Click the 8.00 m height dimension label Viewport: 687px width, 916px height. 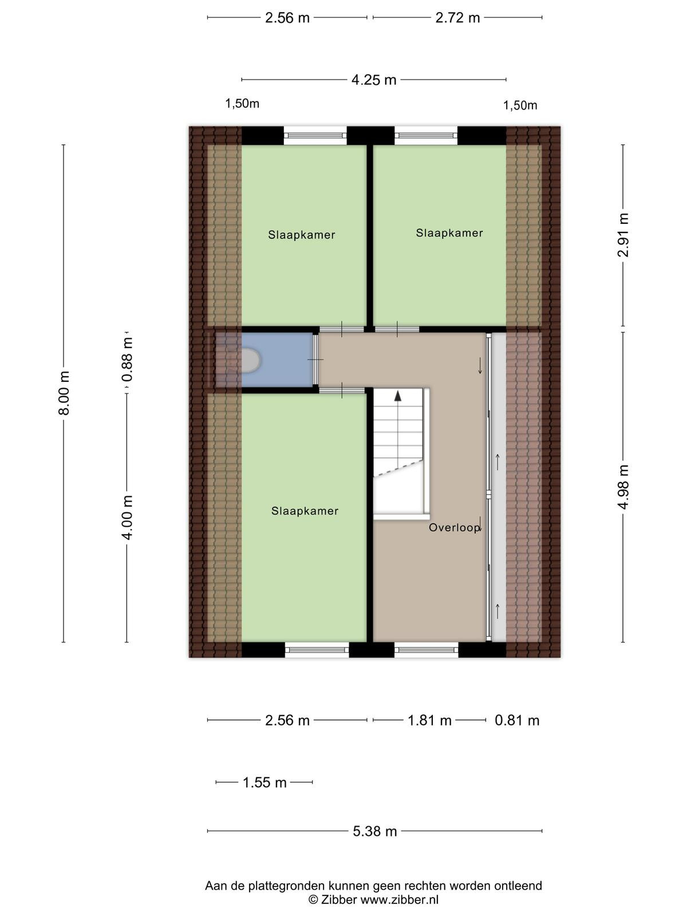tap(64, 393)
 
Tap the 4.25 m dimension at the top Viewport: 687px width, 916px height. tap(374, 80)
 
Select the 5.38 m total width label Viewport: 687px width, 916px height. tap(374, 831)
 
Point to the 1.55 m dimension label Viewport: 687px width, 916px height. tap(264, 783)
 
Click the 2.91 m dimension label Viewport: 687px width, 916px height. tap(623, 235)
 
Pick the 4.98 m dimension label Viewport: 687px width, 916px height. tap(623, 487)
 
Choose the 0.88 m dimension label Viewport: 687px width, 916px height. tap(127, 360)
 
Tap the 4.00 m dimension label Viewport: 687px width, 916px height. tap(127, 518)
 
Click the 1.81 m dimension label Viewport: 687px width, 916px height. tap(429, 721)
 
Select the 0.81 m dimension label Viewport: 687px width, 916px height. tap(517, 721)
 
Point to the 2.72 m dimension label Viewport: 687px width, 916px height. tap(457, 18)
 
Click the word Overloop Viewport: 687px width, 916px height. tap(454, 527)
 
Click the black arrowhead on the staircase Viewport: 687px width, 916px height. tap(398, 396)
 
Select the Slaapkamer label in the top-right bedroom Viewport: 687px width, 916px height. tap(449, 233)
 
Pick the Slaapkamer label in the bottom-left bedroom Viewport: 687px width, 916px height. tap(305, 511)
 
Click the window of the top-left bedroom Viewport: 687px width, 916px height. tap(315, 136)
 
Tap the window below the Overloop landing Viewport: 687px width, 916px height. tap(427, 650)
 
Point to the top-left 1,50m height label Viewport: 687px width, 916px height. tap(242, 104)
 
